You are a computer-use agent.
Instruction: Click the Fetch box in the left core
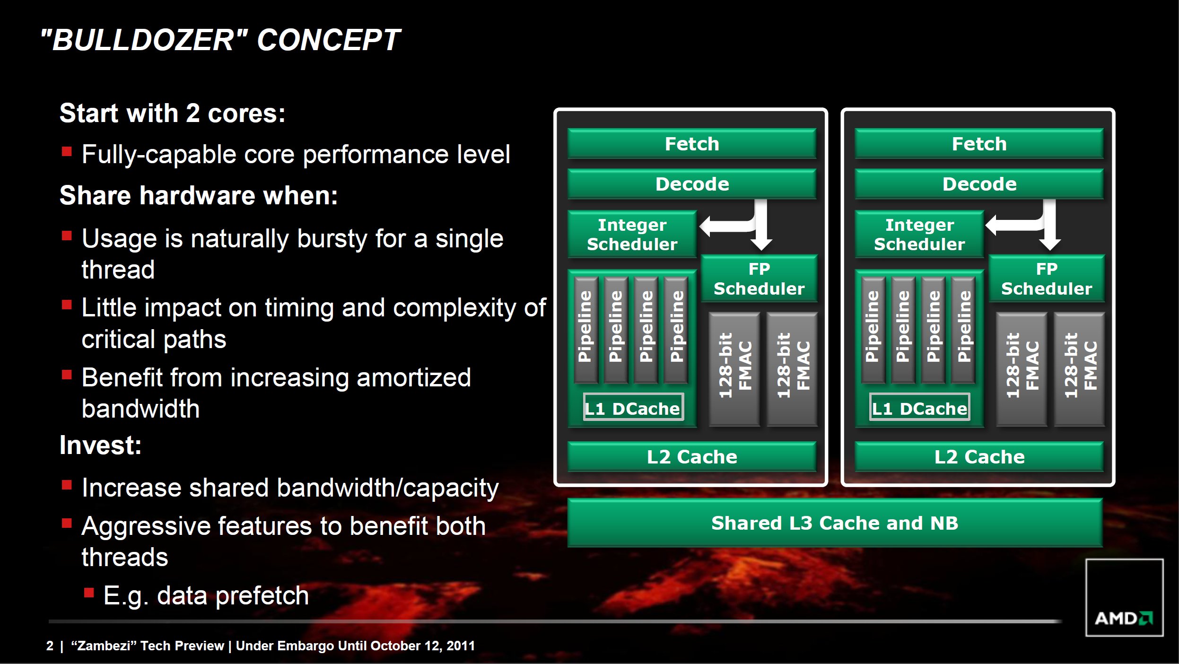692,143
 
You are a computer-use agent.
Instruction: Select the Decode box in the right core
979,184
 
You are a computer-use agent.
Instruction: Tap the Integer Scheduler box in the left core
632,234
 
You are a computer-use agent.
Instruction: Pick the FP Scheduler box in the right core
1047,279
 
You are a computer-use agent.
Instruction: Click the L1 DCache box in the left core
633,407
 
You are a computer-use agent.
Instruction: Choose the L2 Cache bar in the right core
979,456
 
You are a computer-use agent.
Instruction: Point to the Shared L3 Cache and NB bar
835,523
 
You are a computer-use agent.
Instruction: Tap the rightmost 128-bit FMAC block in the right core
1080,369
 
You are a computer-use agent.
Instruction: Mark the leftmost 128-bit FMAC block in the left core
734,369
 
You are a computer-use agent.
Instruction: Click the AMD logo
1124,618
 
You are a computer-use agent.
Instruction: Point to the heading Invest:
100,445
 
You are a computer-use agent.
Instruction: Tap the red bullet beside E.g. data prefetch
89,593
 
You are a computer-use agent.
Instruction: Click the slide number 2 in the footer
50,646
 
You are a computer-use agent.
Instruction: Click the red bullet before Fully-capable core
67,151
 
